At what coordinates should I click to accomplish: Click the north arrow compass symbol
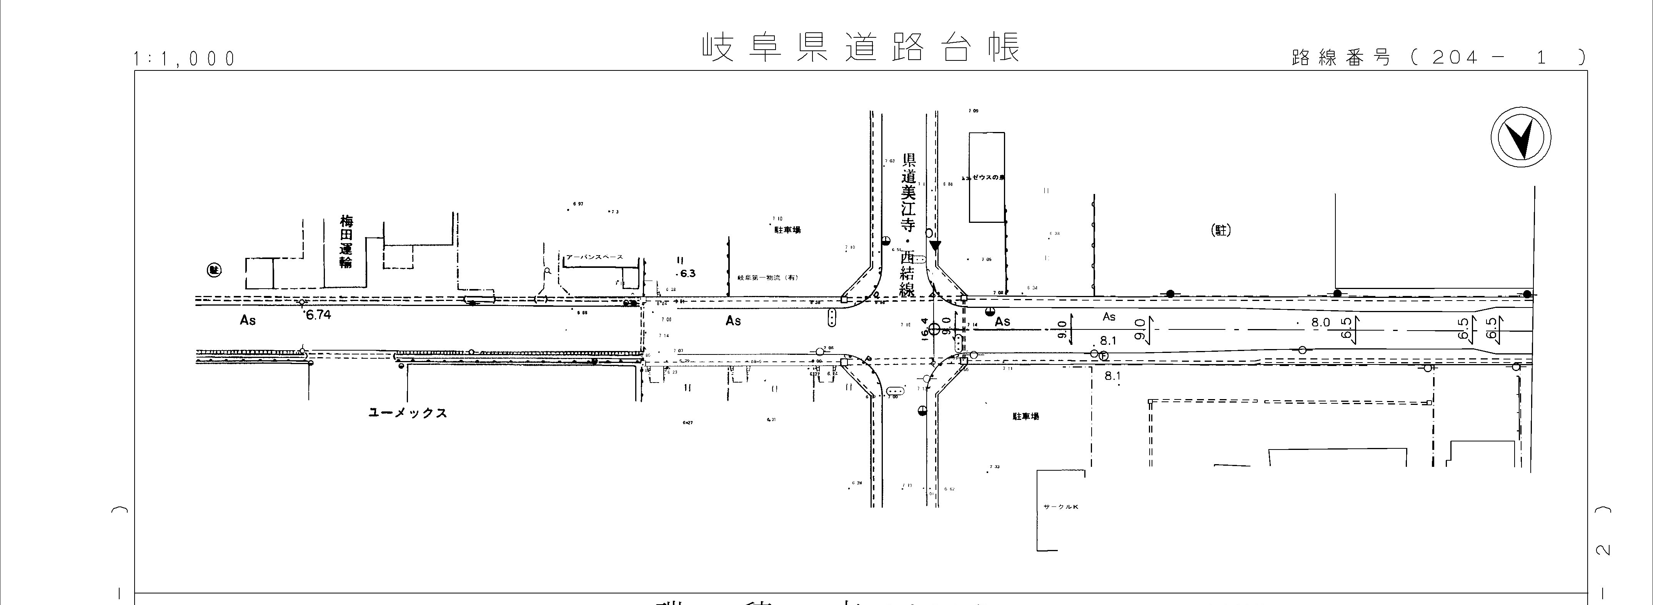(1520, 139)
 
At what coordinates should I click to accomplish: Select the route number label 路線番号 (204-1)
(1437, 58)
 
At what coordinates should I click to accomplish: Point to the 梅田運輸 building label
(346, 241)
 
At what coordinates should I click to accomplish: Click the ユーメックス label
(408, 413)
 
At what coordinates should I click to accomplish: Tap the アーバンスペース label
(594, 257)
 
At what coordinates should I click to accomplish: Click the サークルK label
(1061, 507)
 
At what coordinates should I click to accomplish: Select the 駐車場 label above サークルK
(1025, 416)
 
